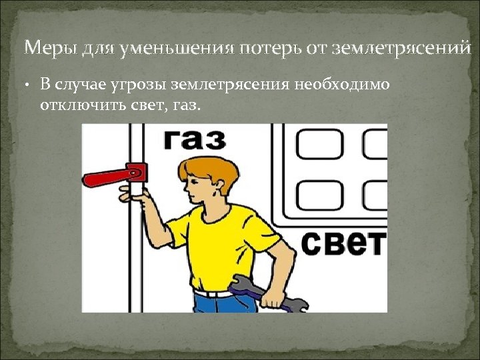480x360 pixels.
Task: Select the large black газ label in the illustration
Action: click(195, 140)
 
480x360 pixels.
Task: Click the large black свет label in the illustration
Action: click(343, 243)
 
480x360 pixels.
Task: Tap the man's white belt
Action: click(213, 292)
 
